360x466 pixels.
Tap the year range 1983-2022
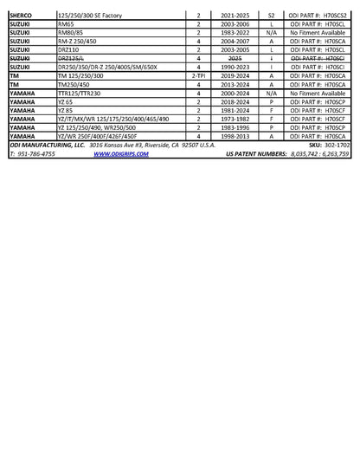point(234,33)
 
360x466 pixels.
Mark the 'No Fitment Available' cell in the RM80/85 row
point(320,33)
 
